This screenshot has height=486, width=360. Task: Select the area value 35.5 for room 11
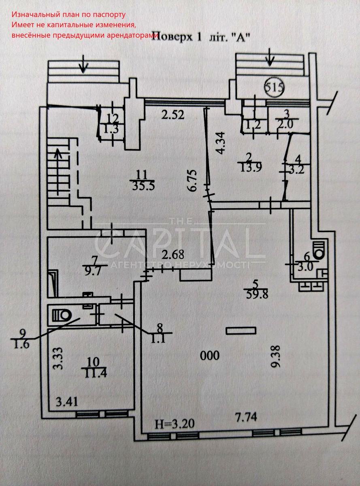click(x=141, y=185)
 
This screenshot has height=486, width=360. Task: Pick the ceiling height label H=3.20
click(x=175, y=424)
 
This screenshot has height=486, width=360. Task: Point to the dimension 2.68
click(x=173, y=255)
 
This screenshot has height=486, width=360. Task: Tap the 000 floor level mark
click(x=210, y=356)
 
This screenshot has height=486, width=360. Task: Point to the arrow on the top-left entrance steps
click(x=83, y=64)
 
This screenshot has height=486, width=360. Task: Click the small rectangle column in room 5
click(x=239, y=331)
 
